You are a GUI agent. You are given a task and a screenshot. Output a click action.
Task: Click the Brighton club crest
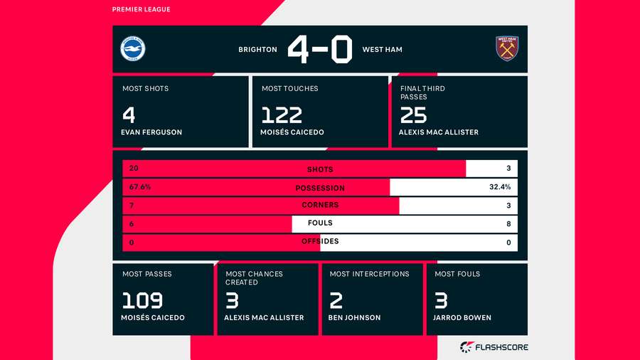tap(132, 49)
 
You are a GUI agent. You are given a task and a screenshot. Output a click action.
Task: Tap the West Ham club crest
tap(507, 48)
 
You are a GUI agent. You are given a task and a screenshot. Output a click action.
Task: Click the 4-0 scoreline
tap(319, 50)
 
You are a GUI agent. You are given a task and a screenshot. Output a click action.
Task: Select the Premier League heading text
tap(142, 9)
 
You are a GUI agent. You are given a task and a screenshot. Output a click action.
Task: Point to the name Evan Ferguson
tap(152, 132)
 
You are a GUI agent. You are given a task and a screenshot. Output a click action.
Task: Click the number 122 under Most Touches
tap(282, 115)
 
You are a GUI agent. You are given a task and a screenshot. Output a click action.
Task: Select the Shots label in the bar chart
tap(319, 169)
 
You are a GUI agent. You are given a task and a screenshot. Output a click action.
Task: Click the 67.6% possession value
tap(140, 187)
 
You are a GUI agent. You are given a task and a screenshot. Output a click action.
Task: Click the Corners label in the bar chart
tap(319, 205)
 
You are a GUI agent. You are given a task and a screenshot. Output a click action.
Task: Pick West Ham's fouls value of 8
tap(507, 223)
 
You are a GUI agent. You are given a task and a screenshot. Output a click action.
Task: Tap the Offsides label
tap(319, 241)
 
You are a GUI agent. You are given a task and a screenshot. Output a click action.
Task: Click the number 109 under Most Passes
tap(142, 300)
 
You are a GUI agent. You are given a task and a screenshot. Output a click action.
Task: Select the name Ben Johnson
tap(354, 317)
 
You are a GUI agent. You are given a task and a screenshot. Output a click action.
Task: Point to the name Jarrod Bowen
tap(462, 317)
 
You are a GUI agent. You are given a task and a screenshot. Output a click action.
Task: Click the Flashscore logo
tap(494, 347)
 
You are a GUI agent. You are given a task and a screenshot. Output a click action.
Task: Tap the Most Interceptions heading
tap(369, 274)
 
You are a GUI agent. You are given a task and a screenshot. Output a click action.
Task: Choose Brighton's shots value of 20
tap(134, 169)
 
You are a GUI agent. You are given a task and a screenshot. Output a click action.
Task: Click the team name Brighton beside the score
tap(257, 50)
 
